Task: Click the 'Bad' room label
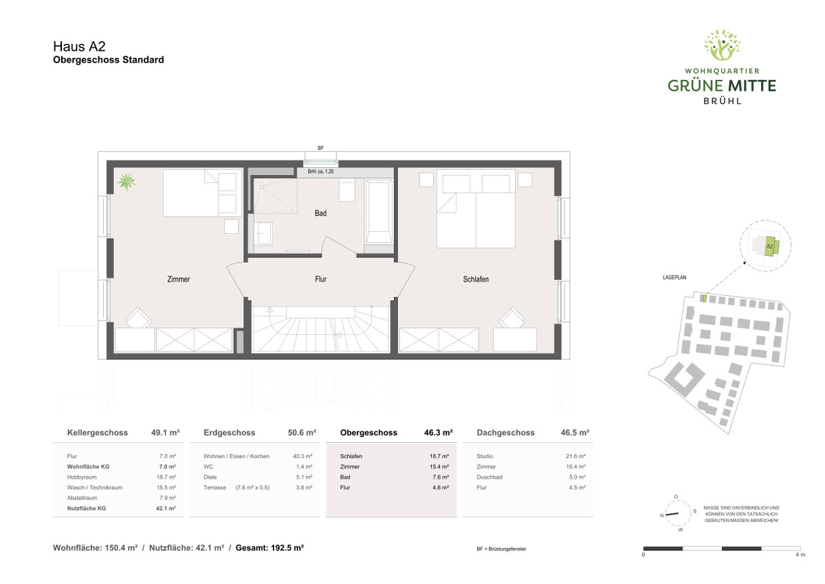pyautogui.click(x=320, y=213)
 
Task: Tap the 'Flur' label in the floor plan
pyautogui.click(x=320, y=279)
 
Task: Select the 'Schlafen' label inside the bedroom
pyautogui.click(x=476, y=279)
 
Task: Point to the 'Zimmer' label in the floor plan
pyautogui.click(x=179, y=279)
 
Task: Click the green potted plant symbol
pyautogui.click(x=126, y=182)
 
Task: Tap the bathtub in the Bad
pyautogui.click(x=379, y=211)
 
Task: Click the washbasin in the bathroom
pyautogui.click(x=263, y=233)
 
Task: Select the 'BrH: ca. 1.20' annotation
pyautogui.click(x=320, y=172)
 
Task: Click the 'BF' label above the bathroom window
pyautogui.click(x=320, y=148)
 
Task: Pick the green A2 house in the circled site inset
pyautogui.click(x=770, y=246)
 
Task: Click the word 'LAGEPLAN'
pyautogui.click(x=674, y=277)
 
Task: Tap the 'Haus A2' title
pyautogui.click(x=79, y=46)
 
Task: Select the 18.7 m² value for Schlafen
pyautogui.click(x=439, y=456)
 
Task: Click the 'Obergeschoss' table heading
pyautogui.click(x=368, y=433)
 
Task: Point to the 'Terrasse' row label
pyautogui.click(x=214, y=488)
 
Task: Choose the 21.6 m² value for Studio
pyautogui.click(x=575, y=456)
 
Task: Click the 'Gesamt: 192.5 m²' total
pyautogui.click(x=269, y=548)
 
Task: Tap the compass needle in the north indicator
pyautogui.click(x=672, y=514)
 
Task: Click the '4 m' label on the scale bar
pyautogui.click(x=800, y=554)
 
